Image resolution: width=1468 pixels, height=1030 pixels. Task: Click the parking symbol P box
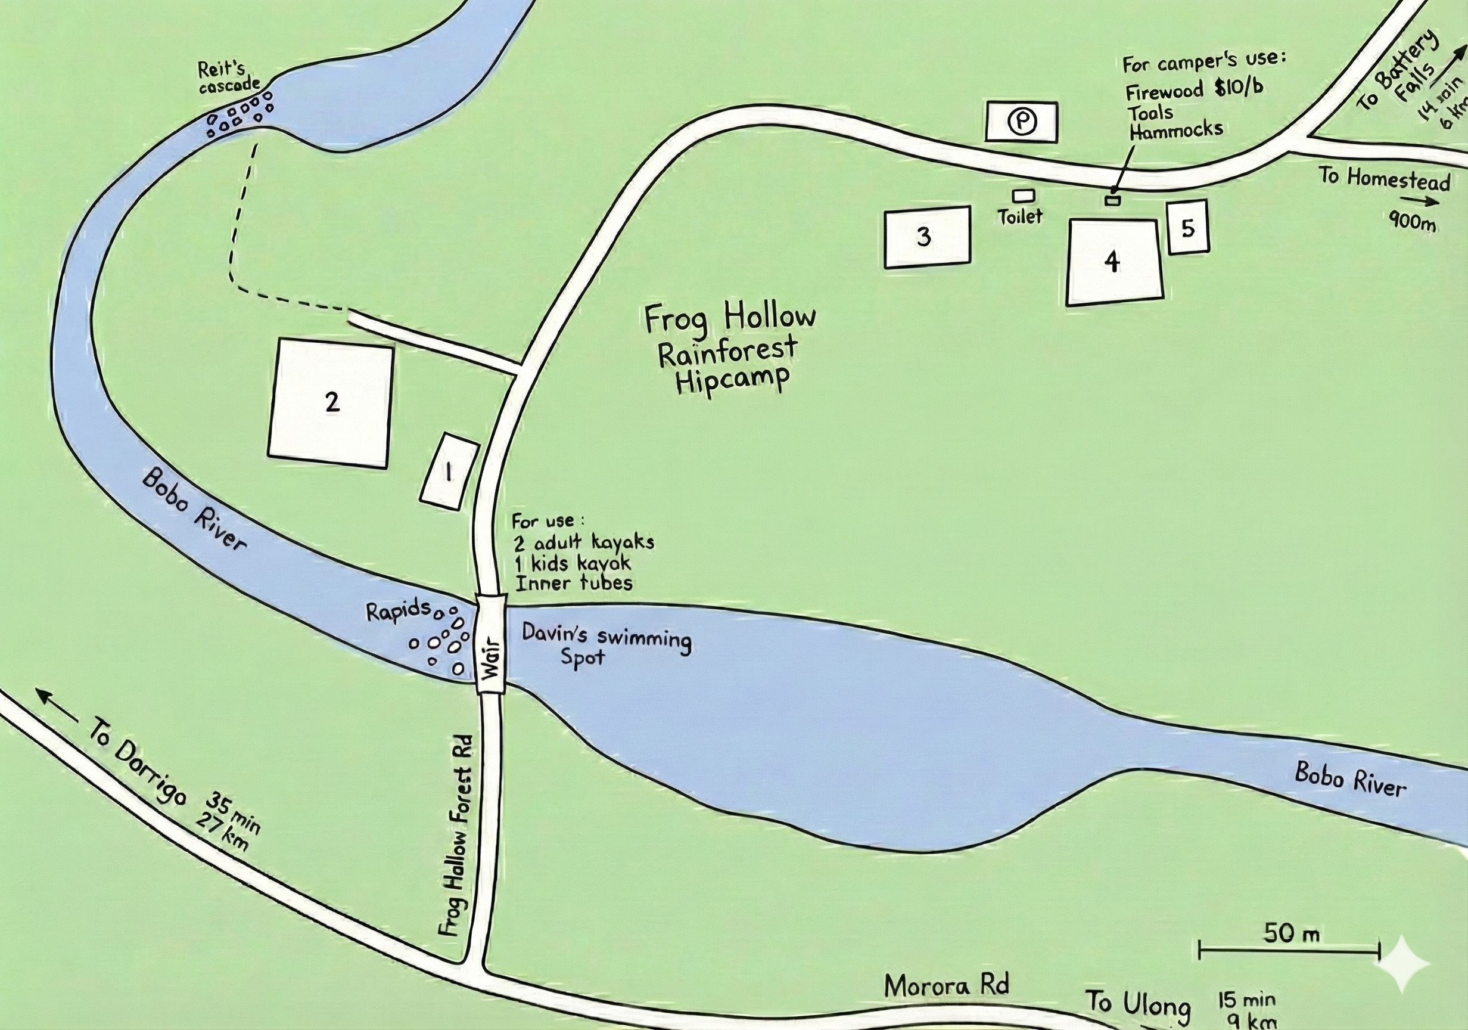coord(1021,121)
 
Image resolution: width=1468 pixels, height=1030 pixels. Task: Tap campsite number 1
coord(449,471)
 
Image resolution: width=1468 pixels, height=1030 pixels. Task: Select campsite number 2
coord(331,403)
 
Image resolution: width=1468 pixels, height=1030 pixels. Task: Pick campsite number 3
coord(927,237)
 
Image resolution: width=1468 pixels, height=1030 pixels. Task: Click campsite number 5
coord(1188,227)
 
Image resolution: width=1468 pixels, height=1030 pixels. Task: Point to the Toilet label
coord(1020,216)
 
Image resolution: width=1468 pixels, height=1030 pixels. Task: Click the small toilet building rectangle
coord(1024,195)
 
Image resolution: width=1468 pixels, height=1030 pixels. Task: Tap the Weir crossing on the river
coord(491,644)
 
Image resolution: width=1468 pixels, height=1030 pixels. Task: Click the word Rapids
coord(398,611)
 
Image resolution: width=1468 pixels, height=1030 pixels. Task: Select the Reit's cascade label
coord(228,77)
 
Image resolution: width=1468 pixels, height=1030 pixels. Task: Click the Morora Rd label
coord(946,986)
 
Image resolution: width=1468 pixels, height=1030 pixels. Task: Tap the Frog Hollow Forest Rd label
coord(457,835)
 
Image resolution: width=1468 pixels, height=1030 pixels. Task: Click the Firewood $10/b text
coord(1193,90)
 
